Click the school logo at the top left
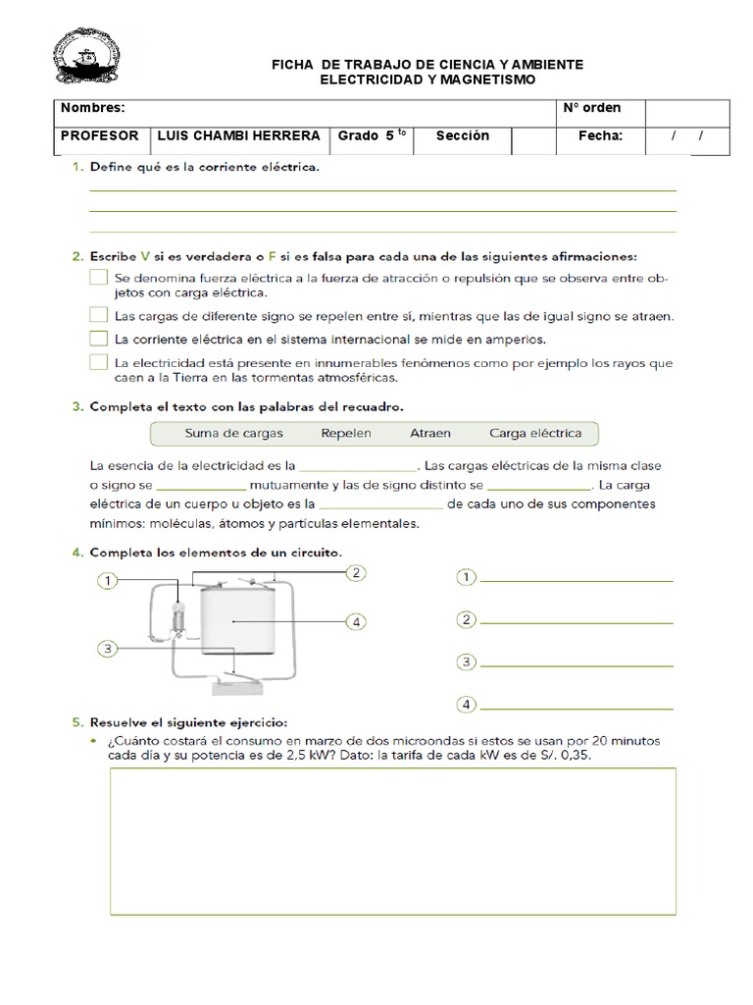pyautogui.click(x=88, y=59)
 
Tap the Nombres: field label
pyautogui.click(x=93, y=108)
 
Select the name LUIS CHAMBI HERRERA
pyautogui.click(x=238, y=136)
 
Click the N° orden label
pyautogui.click(x=592, y=108)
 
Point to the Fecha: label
pyautogui.click(x=600, y=136)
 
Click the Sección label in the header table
pyautogui.click(x=462, y=136)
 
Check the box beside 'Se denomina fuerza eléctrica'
pyautogui.click(x=98, y=278)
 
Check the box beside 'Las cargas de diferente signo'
pyautogui.click(x=98, y=315)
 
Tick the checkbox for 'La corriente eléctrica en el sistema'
pyautogui.click(x=98, y=339)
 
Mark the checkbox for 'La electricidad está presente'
pyautogui.click(x=98, y=362)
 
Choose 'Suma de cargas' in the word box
pyautogui.click(x=233, y=433)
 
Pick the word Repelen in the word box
pyautogui.click(x=346, y=433)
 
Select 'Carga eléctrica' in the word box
pyautogui.click(x=534, y=433)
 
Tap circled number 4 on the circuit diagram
pyautogui.click(x=356, y=621)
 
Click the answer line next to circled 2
pyautogui.click(x=577, y=622)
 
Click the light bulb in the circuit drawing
pyautogui.click(x=178, y=616)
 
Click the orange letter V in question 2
pyautogui.click(x=145, y=256)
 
